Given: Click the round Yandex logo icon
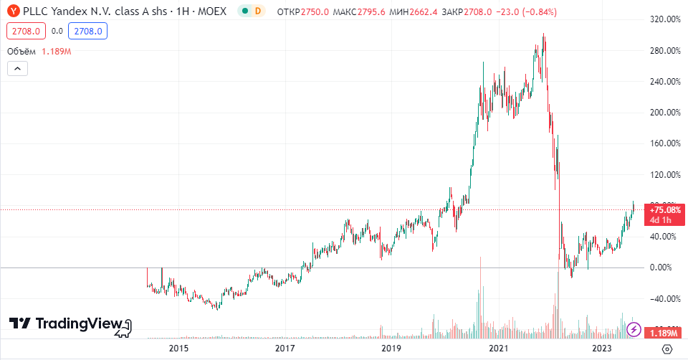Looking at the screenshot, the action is [x=14, y=11].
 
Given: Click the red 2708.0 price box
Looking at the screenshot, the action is [x=26, y=31].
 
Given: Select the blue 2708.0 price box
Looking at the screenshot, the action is [x=87, y=31].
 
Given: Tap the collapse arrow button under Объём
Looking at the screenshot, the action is [x=17, y=69].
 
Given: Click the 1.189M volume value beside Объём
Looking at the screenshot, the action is [x=56, y=52].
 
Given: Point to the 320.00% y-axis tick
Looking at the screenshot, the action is [x=665, y=19].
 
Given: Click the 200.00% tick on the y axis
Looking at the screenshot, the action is [x=665, y=113].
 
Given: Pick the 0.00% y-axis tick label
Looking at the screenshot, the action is [x=661, y=267].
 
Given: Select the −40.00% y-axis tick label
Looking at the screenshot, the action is [x=665, y=298].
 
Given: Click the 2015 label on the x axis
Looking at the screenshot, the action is [x=178, y=349].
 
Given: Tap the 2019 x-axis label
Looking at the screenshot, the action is [x=391, y=349].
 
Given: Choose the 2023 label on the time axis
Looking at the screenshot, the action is [x=601, y=349].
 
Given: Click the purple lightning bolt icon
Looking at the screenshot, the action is [x=634, y=329].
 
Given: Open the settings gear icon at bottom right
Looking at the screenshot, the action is [x=667, y=349].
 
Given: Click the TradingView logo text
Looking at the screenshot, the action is [x=79, y=323].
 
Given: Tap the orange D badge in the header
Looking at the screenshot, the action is [x=258, y=11].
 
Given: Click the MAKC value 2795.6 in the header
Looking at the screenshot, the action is [x=371, y=12].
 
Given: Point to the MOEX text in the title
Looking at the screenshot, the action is [x=212, y=11].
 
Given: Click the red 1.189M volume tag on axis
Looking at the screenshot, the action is [x=664, y=333].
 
